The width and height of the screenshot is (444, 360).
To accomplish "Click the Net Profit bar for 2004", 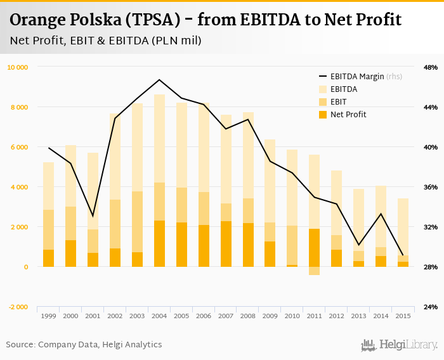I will pos(159,244).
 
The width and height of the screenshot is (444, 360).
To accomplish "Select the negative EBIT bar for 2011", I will pos(315,271).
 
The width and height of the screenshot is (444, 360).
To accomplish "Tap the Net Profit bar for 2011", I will pos(315,248).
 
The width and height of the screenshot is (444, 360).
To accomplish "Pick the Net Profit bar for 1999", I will pos(48,259).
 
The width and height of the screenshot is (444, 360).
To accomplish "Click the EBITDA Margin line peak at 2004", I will pos(159,80).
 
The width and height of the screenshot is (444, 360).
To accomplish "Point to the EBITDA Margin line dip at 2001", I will pos(93,216).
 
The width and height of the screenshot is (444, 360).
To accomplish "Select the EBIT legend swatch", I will pos(323,102).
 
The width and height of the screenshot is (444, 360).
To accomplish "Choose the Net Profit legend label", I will pos(348,115).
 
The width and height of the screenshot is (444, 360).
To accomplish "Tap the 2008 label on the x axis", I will pos(248,316).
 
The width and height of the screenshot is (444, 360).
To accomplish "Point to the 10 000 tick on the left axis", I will pos(17,67).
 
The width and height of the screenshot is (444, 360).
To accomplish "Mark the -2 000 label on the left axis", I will pos(17,307).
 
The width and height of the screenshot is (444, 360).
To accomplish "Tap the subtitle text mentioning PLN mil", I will pos(105,41).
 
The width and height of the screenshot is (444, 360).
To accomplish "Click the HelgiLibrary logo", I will pos(399,345).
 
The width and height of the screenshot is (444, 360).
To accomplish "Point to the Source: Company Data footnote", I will pos(84,345).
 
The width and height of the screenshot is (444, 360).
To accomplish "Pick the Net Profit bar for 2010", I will pos(292,266).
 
